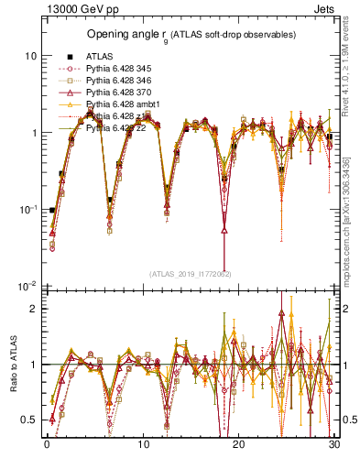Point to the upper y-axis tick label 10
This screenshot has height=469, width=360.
click(30, 56)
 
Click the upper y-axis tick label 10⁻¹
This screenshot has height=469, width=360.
click(28, 210)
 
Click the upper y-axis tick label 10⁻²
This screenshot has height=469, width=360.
click(28, 287)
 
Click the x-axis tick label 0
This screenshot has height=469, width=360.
click(46, 444)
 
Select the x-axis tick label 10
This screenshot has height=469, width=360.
click(143, 444)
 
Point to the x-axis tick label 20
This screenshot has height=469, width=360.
click(238, 444)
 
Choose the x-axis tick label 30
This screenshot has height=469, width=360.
click(333, 444)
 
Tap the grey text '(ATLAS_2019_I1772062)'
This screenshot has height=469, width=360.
click(190, 274)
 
